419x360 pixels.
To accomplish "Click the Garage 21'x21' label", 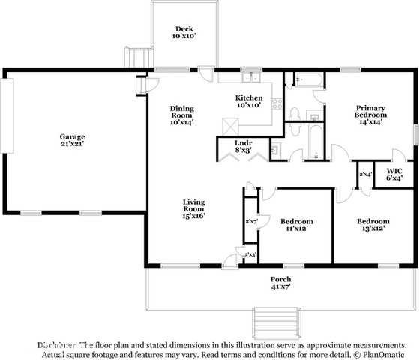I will (73, 140).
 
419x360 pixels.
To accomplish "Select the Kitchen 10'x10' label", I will (249, 101).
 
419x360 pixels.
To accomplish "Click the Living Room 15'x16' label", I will (194, 208).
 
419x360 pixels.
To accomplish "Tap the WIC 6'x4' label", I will (394, 174).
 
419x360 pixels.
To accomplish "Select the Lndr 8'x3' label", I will (243, 145).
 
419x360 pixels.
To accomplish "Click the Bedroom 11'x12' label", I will (296, 225).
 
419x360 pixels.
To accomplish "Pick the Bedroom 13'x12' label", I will (373, 225).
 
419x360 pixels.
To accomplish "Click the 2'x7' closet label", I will (251, 221).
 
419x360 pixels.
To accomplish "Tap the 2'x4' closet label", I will (365, 175).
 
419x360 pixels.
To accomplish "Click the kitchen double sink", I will (249, 77).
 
